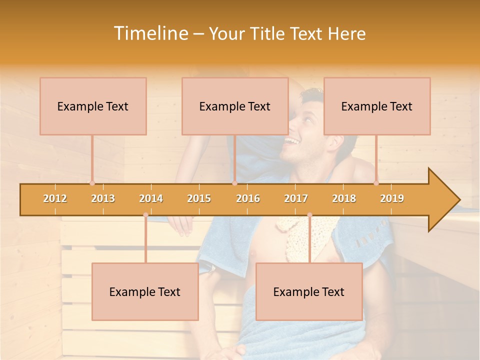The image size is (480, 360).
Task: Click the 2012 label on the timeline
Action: (55, 198)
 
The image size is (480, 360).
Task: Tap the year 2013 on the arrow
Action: (103, 198)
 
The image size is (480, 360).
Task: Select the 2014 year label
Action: (151, 198)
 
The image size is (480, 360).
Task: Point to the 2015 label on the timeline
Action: (199, 198)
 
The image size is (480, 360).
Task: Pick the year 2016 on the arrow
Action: (248, 198)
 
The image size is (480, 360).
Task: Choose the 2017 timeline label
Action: (296, 198)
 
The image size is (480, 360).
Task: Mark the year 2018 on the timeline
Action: (344, 198)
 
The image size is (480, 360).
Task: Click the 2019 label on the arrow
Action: (392, 198)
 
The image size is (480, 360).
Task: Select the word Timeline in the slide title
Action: (150, 33)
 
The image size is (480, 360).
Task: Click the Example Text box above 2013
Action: (93, 106)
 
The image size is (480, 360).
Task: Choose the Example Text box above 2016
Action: (235, 106)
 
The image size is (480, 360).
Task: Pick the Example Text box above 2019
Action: (377, 106)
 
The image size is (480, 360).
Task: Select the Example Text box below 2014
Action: (145, 291)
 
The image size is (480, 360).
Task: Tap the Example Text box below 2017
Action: (309, 291)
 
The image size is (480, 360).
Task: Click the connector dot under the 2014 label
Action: (145, 215)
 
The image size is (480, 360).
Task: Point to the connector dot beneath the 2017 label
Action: (309, 215)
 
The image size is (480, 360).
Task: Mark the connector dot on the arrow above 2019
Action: (376, 183)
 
